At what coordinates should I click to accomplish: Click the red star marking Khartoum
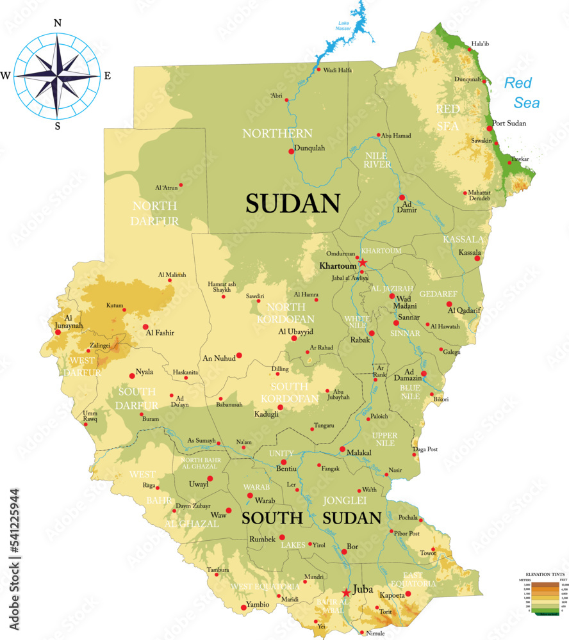(x=363, y=263)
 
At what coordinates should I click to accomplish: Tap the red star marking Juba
(x=347, y=592)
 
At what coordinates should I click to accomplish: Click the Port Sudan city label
(x=509, y=124)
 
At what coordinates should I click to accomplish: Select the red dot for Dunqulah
(x=292, y=152)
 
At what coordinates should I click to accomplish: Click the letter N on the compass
(x=58, y=23)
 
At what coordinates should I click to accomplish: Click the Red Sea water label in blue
(x=522, y=92)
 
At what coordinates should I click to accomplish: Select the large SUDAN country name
(x=292, y=203)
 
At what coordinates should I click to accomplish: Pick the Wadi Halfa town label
(x=338, y=70)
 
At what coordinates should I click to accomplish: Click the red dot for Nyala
(x=132, y=376)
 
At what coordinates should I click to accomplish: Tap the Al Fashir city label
(x=160, y=333)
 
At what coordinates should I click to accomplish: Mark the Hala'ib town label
(x=480, y=44)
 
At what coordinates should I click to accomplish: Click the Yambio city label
(x=258, y=604)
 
